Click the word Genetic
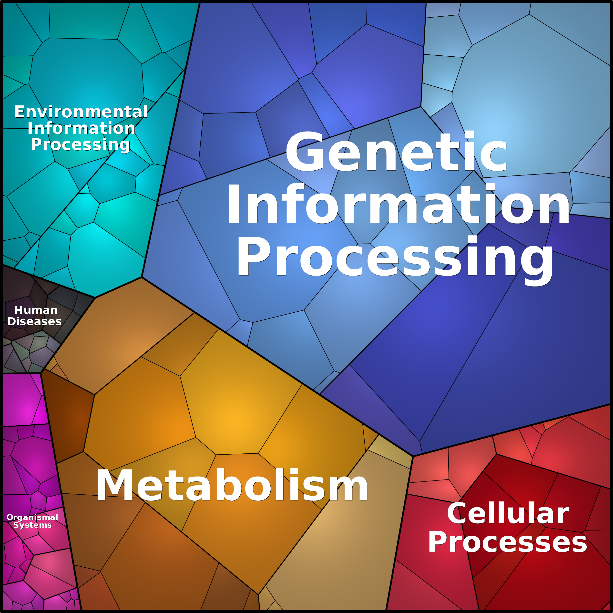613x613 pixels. (x=396, y=151)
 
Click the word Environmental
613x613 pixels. (x=81, y=112)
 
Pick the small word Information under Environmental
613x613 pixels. (x=81, y=128)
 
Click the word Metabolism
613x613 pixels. (x=232, y=485)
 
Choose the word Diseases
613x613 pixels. (x=34, y=321)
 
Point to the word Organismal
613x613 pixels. (x=32, y=518)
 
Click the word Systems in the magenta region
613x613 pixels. (x=32, y=525)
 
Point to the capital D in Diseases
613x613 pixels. (x=12, y=321)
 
